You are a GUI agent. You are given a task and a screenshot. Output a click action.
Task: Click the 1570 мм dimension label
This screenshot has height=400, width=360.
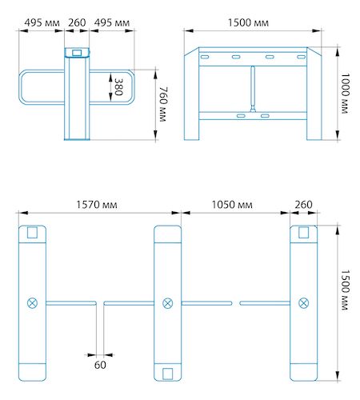click(97, 205)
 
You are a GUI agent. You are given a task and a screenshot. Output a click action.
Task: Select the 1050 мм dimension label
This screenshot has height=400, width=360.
click(232, 205)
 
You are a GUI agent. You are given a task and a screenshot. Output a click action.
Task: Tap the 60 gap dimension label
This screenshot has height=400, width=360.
click(100, 365)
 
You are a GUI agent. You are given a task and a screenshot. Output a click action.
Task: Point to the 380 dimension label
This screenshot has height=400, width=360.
click(118, 87)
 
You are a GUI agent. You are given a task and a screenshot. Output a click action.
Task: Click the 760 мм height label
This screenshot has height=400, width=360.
click(163, 104)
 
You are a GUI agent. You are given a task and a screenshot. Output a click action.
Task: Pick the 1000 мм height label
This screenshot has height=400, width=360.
click(345, 94)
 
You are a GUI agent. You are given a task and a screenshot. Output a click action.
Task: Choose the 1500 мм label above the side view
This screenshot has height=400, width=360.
click(248, 22)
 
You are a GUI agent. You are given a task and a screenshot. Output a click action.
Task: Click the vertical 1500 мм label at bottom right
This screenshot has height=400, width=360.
click(345, 290)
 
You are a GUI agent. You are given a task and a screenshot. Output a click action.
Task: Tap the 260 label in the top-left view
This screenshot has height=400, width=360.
click(77, 22)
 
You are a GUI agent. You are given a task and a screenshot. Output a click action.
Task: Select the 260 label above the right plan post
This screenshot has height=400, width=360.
click(303, 205)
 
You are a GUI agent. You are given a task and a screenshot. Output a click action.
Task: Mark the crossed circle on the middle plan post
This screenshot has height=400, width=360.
click(168, 303)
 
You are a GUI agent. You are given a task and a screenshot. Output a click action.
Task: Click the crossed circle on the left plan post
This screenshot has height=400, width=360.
click(33, 303)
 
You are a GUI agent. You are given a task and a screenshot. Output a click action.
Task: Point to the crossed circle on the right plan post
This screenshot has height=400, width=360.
click(303, 303)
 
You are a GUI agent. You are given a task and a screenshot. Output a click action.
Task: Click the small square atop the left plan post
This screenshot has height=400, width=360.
click(32, 232)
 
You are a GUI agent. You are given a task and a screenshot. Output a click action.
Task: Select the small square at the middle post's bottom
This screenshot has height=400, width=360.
click(168, 374)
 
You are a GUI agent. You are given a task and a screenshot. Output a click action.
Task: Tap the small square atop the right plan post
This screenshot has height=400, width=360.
click(303, 232)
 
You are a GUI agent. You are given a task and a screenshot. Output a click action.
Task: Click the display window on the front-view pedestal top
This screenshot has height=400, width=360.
click(77, 53)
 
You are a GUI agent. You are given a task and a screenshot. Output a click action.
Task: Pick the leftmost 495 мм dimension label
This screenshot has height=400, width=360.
click(42, 22)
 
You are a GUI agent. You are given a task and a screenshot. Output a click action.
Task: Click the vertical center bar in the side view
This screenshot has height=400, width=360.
click(253, 89)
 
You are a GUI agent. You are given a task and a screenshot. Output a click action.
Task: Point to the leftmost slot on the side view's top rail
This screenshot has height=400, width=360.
click(205, 57)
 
